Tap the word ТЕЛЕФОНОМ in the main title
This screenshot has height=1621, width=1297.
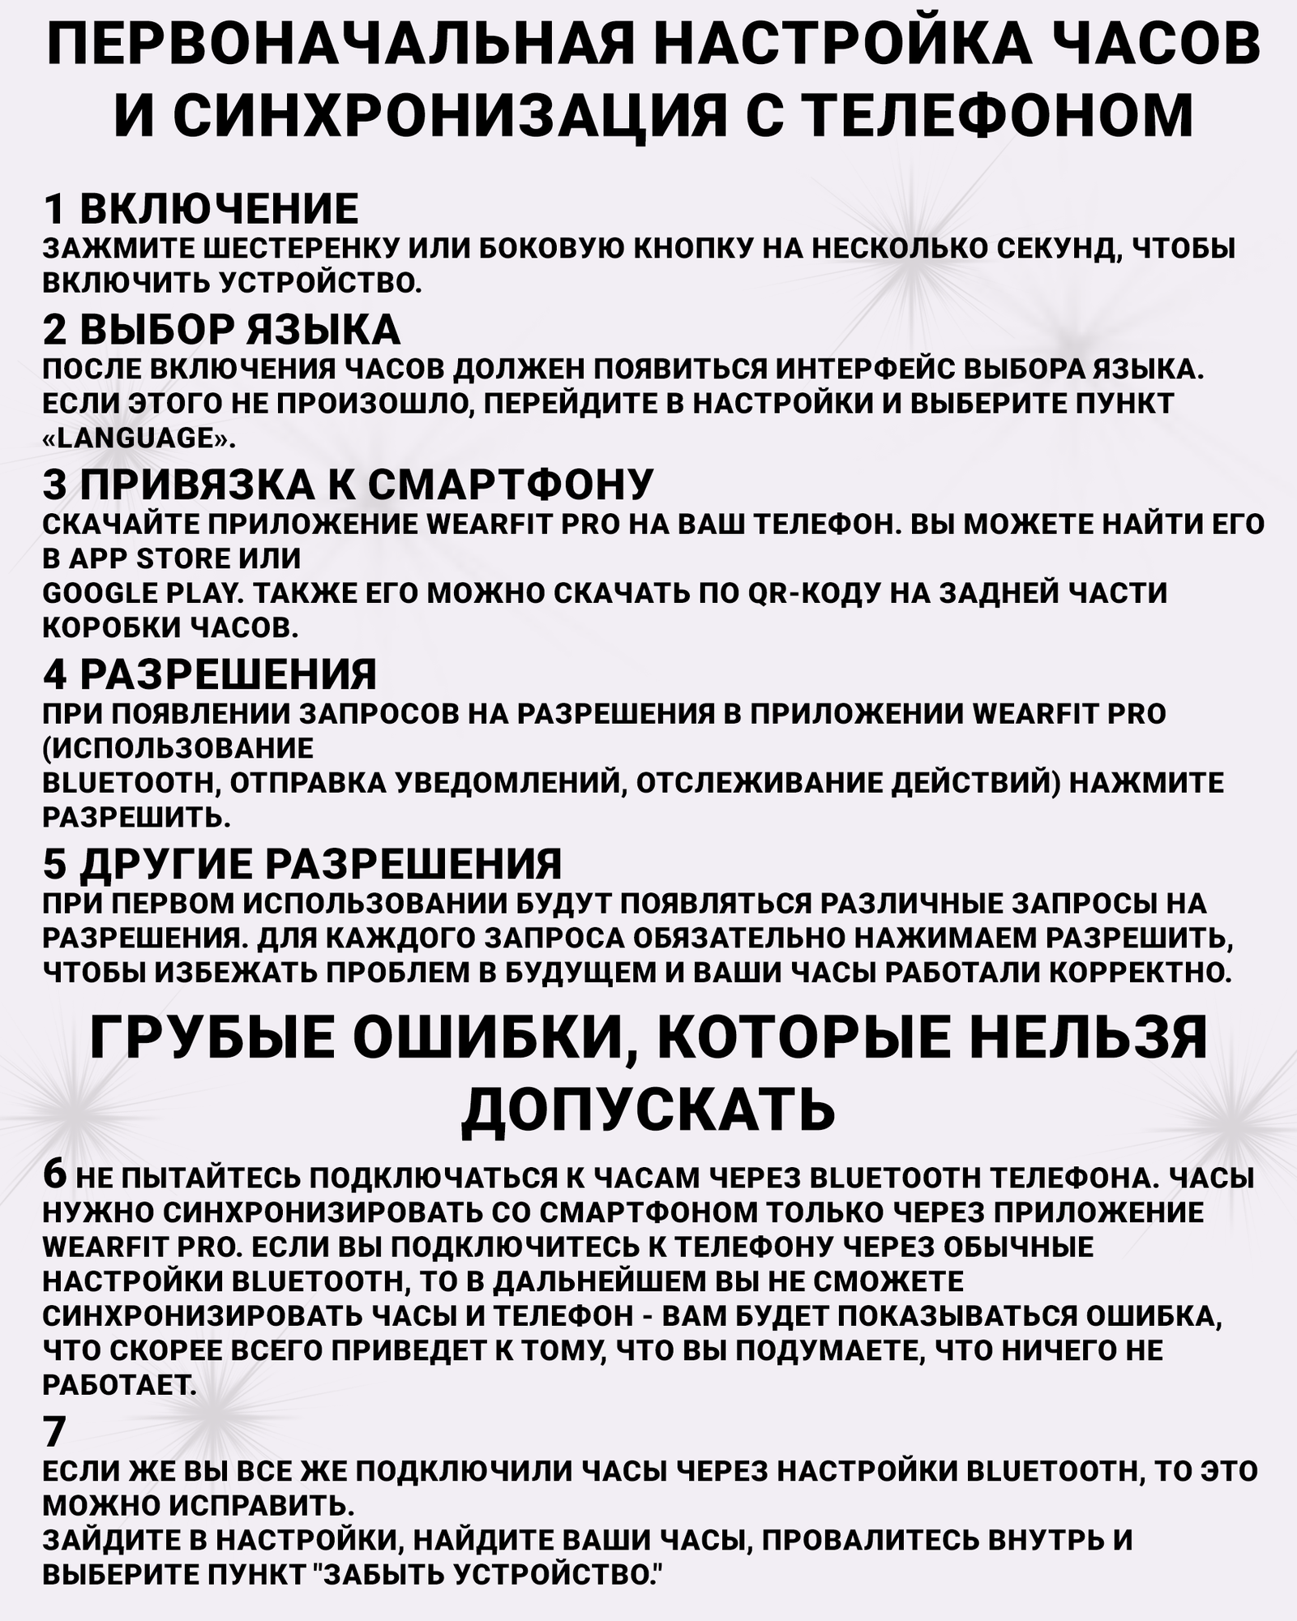pos(1000,114)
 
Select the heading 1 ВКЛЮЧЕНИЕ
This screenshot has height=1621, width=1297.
pos(200,209)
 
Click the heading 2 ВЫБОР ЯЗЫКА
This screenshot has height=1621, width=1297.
pos(221,329)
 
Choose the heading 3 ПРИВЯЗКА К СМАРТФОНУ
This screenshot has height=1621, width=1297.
pos(348,485)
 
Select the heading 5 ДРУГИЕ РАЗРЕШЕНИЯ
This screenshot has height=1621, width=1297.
pos(302,864)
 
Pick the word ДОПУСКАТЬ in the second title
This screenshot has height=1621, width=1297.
pos(648,1108)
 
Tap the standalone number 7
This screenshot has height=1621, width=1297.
pos(54,1432)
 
